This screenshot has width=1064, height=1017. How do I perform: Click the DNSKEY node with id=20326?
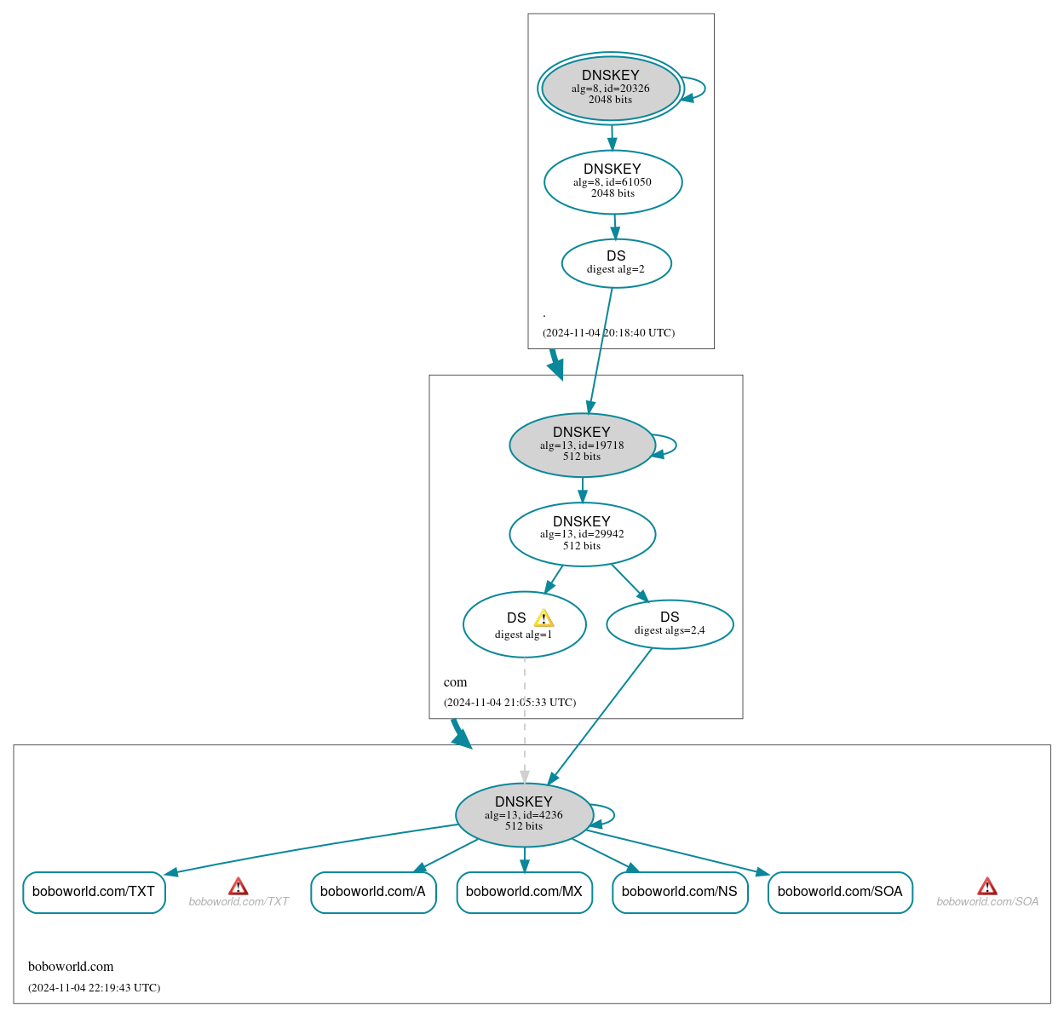pos(611,88)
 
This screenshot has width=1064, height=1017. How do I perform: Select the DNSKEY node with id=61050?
pos(613,181)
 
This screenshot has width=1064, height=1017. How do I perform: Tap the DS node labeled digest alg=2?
pos(616,263)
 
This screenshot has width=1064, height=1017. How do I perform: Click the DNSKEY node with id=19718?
pos(582,445)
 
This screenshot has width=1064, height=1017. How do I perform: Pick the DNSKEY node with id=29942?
pos(582,534)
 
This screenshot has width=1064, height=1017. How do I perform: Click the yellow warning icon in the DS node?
pos(544,618)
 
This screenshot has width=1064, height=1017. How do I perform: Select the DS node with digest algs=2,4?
pos(670,624)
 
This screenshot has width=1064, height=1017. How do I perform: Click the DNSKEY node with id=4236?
pos(524,814)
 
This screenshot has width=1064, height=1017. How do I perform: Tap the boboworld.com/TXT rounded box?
pos(94,892)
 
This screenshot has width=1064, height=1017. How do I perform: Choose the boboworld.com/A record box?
pos(373,892)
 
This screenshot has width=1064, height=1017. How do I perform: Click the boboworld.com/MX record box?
pos(524,892)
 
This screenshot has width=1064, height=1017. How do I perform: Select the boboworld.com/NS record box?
pos(680,892)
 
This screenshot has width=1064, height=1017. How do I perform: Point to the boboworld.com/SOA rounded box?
pos(840,892)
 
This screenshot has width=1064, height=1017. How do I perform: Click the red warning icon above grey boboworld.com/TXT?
pos(239,887)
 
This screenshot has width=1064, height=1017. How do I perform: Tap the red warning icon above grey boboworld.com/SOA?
pos(987,887)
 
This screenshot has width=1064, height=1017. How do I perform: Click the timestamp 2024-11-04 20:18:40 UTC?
pos(608,333)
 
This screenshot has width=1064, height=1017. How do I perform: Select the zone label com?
pos(455,682)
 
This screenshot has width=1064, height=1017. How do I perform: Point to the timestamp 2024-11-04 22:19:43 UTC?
pos(94,988)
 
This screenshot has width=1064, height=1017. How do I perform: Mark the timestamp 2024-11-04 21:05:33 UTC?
pos(509,703)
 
